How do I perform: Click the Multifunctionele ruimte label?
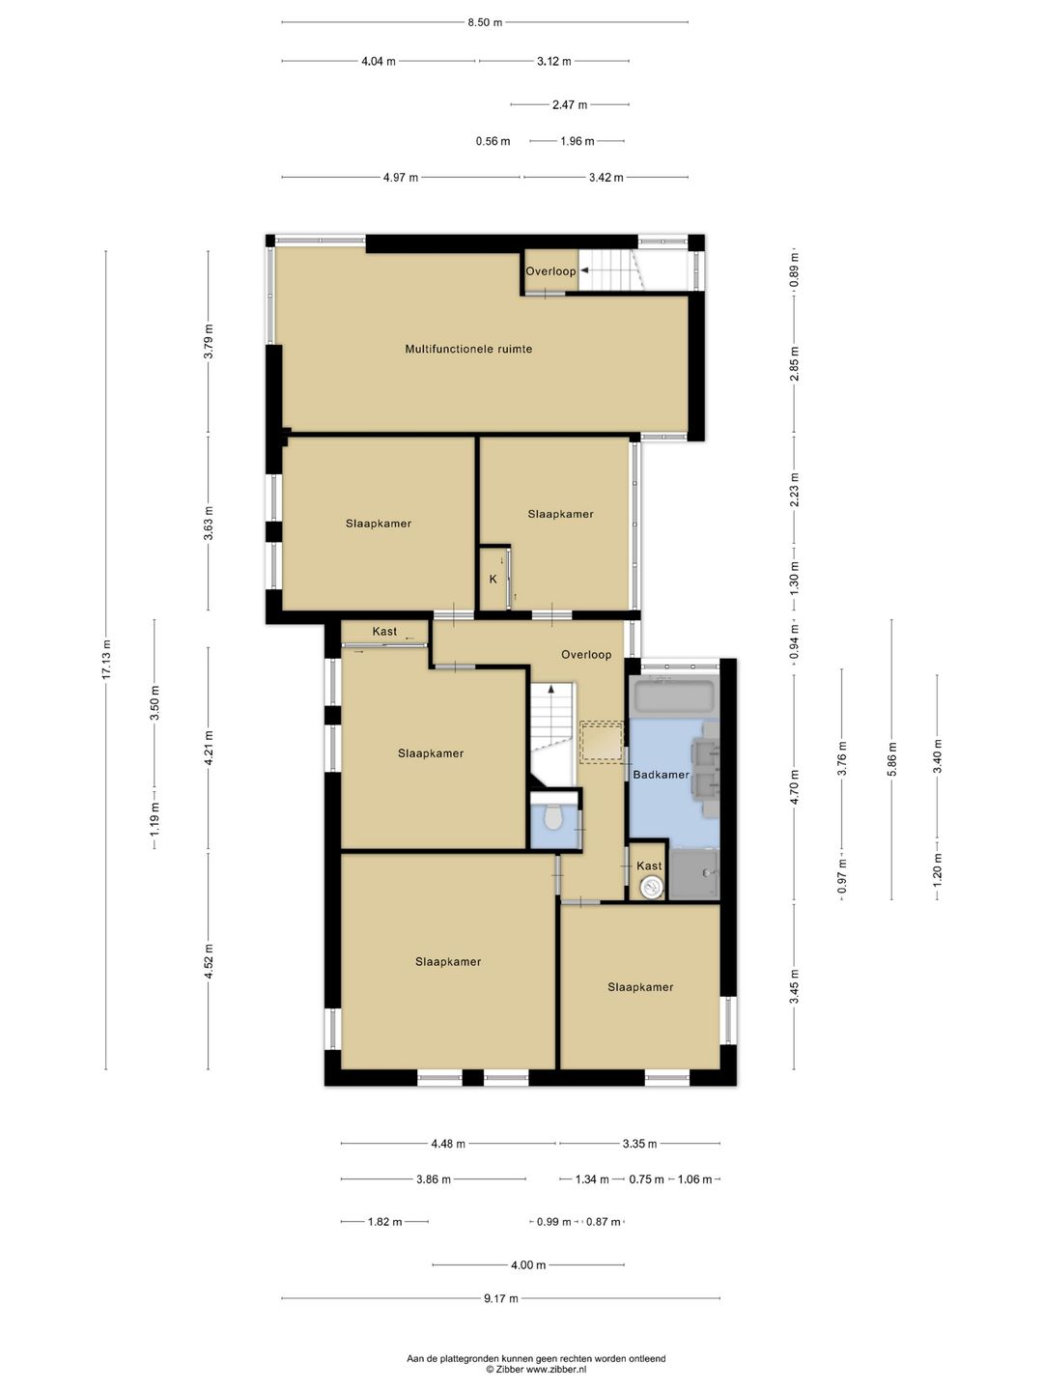click(468, 349)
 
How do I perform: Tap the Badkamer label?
click(662, 775)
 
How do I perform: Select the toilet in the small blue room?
click(553, 817)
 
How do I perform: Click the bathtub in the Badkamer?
click(675, 695)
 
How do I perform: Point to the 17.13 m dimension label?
click(106, 659)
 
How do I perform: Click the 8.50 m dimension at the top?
click(485, 23)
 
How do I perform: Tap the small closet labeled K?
click(493, 579)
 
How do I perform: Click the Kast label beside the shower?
click(649, 866)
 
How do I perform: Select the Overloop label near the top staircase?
click(550, 271)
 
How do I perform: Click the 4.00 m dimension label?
click(528, 1264)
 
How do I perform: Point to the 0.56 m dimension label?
click(493, 141)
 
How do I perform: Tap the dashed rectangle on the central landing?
click(603, 742)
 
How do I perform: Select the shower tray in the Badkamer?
click(694, 874)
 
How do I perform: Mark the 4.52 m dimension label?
click(209, 961)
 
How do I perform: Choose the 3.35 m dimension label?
click(639, 1144)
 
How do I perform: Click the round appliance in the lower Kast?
click(650, 888)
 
